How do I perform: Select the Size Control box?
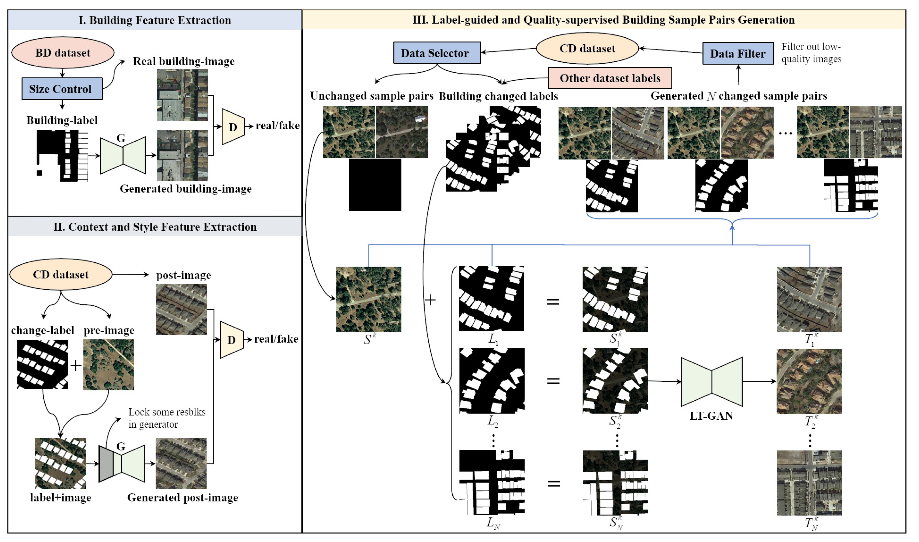(62, 89)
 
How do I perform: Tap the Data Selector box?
(437, 53)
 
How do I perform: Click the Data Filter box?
(738, 53)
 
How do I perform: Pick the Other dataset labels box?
(610, 78)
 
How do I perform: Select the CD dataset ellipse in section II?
(61, 274)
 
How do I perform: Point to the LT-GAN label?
(711, 416)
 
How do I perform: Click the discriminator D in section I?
(233, 127)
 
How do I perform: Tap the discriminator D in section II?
(231, 340)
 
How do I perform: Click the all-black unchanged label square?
(375, 184)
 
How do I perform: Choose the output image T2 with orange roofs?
(809, 381)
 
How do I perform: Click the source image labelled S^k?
(368, 299)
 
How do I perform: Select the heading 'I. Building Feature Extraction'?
(155, 20)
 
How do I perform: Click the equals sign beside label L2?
(553, 381)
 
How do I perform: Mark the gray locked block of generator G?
(106, 463)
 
